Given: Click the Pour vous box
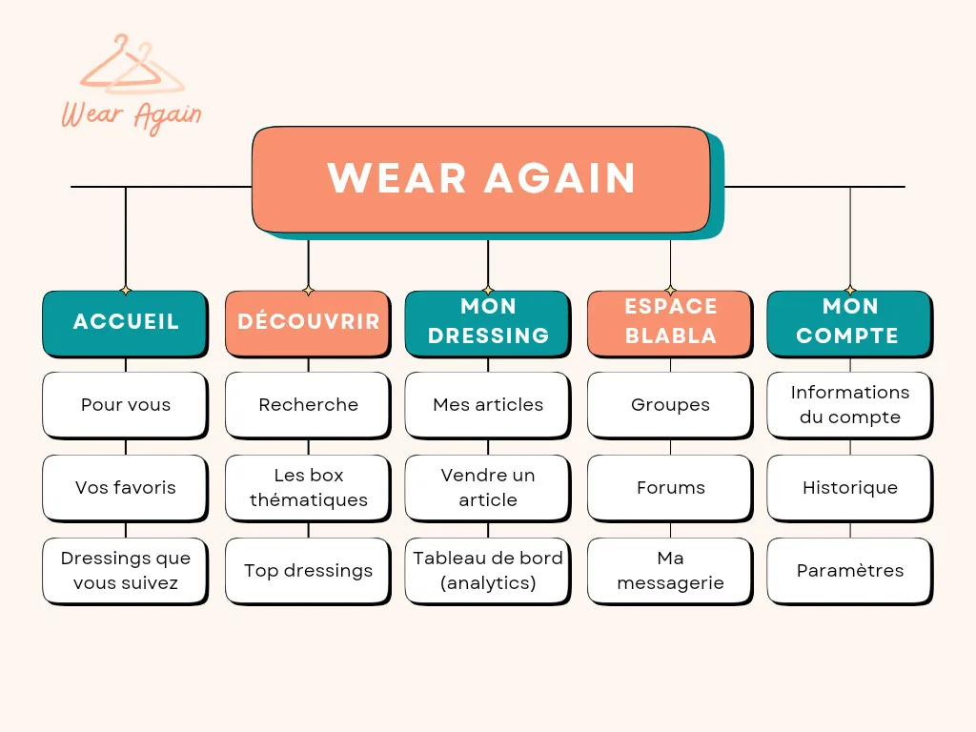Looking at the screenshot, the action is (125, 404).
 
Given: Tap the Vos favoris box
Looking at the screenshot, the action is (125, 487).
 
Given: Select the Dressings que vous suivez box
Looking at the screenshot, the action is (125, 570).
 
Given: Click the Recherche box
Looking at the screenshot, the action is (308, 404).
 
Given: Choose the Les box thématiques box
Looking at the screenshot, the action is (308, 487).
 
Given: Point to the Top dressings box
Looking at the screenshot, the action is (308, 570).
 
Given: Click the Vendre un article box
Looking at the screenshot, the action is (488, 487).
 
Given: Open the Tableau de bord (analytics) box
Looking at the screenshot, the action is (488, 570).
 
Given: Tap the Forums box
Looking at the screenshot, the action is (670, 487).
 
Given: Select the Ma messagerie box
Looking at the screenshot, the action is (670, 570).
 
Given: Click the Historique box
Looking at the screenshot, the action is (850, 487).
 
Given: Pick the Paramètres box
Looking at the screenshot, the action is (850, 570).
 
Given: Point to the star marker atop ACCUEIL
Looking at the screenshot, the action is (126, 291).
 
